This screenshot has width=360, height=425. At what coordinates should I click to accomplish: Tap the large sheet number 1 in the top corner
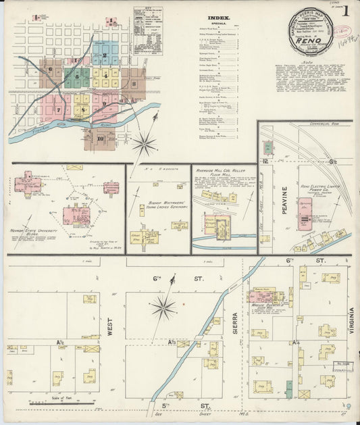tap(345, 11)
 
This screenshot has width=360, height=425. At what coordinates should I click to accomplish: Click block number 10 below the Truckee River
tap(100, 139)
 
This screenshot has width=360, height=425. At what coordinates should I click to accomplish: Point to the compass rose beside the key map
tap(144, 144)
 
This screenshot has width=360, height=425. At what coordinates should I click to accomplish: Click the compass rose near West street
tap(163, 308)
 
